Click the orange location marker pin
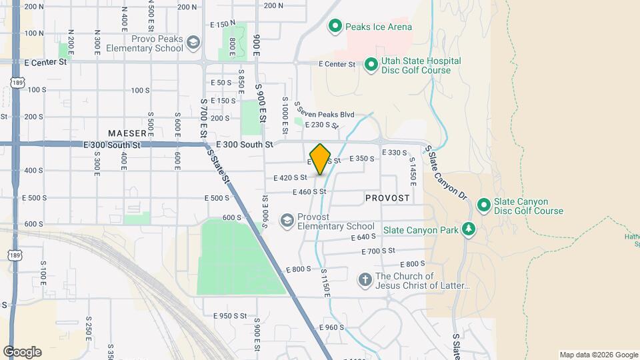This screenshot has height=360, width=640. pos(321,159)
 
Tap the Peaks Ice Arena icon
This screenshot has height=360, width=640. pos(335,27)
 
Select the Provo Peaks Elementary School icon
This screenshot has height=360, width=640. pos(193,43)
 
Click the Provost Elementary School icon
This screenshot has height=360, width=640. pos(287,221)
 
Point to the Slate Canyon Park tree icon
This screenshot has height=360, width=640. pos(470,230)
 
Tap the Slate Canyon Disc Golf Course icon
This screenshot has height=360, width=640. pos(484,205)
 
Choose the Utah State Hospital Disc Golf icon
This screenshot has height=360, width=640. pos(371,65)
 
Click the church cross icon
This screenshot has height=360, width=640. pos(365,279)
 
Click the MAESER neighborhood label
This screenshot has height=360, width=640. pos(127,133)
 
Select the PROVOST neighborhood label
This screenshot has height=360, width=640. pos(387,199)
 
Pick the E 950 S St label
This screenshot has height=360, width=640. pos(230,315)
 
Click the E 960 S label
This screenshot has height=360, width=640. pos(331,327)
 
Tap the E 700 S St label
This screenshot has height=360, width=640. pos(378,251)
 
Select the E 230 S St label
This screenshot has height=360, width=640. pos(322,125)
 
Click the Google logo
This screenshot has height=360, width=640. pos(22,351)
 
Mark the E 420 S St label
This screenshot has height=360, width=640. pos(290,178)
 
